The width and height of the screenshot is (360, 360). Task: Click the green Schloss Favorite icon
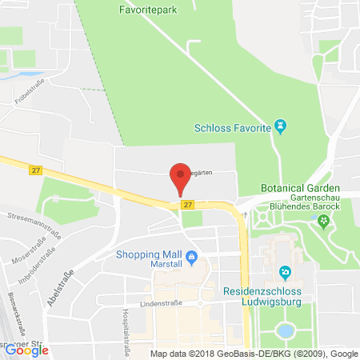[280, 126]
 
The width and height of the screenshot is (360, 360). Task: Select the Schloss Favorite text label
[233, 127]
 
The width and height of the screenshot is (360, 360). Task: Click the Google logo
[26, 350]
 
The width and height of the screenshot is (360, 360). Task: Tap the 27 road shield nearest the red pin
[187, 205]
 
